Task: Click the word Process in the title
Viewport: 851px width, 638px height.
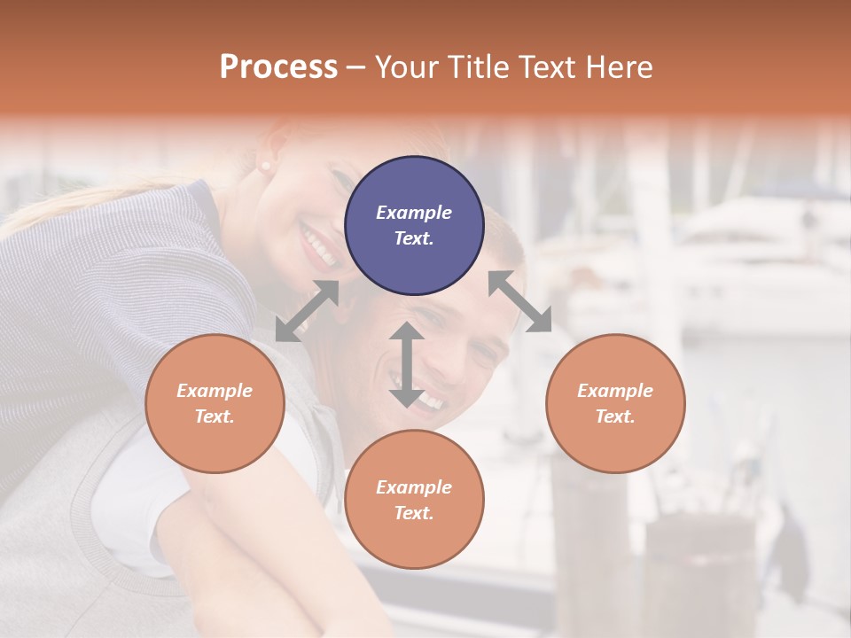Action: tap(278, 67)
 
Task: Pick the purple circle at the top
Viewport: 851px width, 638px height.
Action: tap(414, 225)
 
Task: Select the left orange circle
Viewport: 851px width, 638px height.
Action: tap(215, 403)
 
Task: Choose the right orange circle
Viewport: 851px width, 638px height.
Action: tap(615, 403)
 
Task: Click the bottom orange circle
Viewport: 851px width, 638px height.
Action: tap(414, 500)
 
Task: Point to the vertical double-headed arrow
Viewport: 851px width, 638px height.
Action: tap(406, 364)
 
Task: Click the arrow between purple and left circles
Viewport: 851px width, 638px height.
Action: tap(307, 310)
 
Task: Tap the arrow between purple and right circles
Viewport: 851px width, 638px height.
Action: tap(519, 301)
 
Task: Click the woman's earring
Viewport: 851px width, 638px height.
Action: tap(263, 167)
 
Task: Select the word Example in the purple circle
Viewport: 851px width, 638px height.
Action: tap(414, 213)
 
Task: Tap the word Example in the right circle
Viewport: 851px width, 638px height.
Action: tap(615, 391)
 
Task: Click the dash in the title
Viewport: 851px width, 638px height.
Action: tap(355, 67)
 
